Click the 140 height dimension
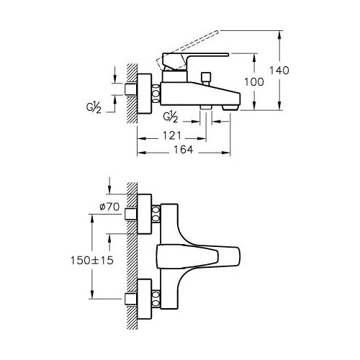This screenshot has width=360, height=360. click(279, 71)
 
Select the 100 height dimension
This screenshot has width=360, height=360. click(254, 82)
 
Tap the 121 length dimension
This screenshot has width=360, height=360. click(171, 136)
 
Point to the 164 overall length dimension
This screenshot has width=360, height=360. click(184, 150)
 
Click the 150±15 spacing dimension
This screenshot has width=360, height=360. click(92, 260)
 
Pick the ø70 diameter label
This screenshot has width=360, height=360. click(109, 207)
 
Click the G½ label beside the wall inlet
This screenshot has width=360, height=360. click(94, 107)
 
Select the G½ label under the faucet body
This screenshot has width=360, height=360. click(171, 117)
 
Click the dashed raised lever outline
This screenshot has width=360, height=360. click(187, 48)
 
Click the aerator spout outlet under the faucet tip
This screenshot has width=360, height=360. click(230, 107)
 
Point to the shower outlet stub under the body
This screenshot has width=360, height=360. click(206, 107)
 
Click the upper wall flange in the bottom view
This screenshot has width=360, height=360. click(145, 214)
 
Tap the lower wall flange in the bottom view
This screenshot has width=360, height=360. click(145, 299)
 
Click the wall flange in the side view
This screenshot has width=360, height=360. click(145, 94)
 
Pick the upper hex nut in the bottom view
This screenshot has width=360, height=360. click(156, 214)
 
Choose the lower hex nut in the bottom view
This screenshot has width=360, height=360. click(156, 299)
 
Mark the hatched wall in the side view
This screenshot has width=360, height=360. click(132, 94)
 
